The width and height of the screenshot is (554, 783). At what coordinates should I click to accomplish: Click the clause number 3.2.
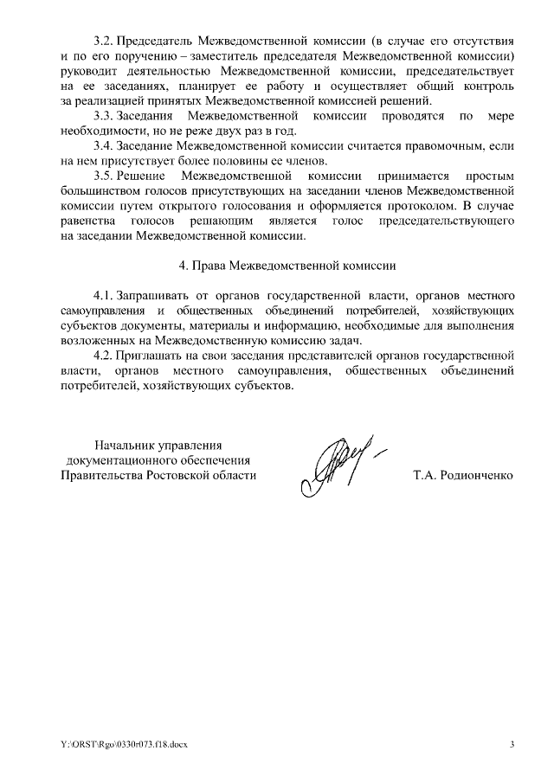click(104, 41)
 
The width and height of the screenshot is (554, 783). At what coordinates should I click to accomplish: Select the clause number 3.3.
click(104, 116)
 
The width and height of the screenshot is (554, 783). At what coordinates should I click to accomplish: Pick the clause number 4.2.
click(104, 354)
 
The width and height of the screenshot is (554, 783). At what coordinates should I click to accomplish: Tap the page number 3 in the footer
click(512, 745)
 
